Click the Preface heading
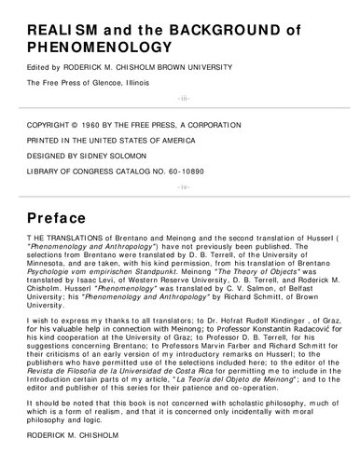coord(62,219)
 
